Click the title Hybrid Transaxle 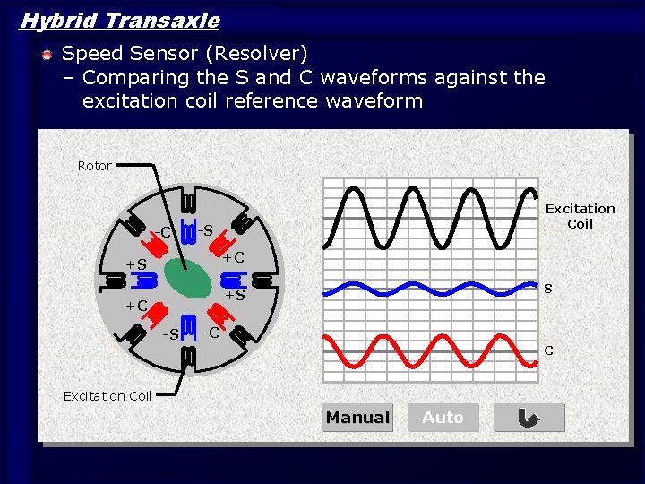pos(119,20)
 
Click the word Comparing pos(133,78)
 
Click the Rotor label pos(95,166)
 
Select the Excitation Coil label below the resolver pos(107,395)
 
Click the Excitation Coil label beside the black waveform pos(580,216)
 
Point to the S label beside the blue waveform pos(548,289)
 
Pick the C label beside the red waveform pos(548,350)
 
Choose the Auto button pos(443,418)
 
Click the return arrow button pos(529,418)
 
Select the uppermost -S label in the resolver pos(204,230)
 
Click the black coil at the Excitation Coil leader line pos(188,356)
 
